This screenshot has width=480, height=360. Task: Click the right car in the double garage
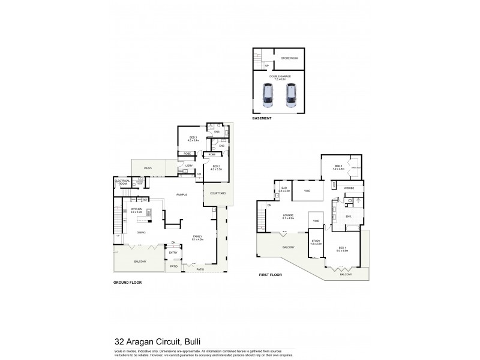291,94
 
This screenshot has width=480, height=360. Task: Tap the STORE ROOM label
290,58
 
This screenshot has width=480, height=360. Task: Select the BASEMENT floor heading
262,119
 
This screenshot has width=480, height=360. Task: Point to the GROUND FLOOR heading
127,281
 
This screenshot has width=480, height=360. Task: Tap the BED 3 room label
193,137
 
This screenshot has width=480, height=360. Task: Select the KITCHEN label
136,209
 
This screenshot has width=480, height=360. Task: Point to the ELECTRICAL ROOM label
122,184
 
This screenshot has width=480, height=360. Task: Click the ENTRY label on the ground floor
173,253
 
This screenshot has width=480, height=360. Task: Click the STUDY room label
316,242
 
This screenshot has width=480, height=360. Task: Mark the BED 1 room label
341,248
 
